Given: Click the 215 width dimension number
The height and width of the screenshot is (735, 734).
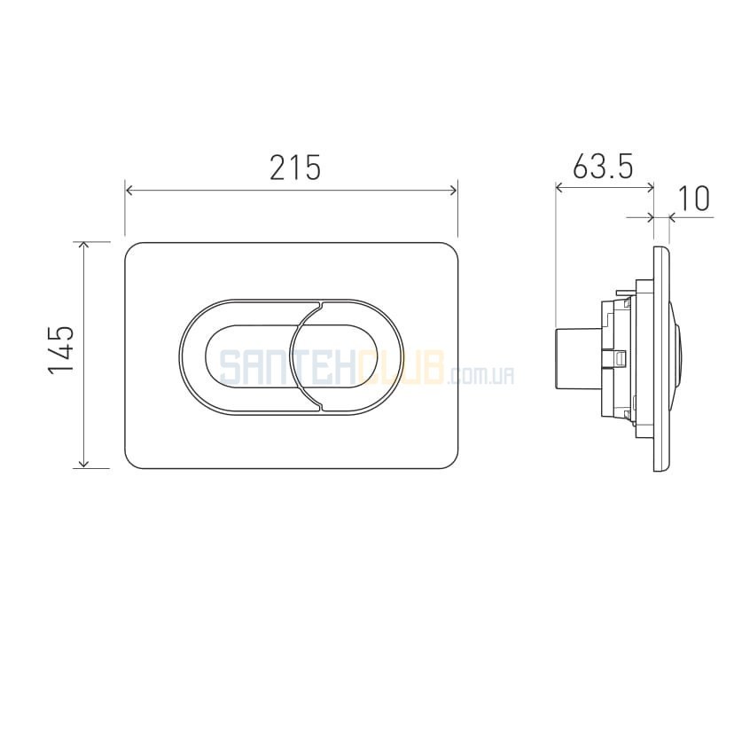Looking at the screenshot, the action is [x=295, y=168].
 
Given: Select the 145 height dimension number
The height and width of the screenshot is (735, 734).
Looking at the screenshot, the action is [x=61, y=349].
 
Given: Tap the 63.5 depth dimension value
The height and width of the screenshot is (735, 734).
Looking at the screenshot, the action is [x=603, y=166].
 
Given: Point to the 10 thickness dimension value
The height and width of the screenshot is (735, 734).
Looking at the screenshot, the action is [x=694, y=199].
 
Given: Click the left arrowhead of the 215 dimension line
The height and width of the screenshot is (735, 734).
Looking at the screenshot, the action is [x=129, y=191].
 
